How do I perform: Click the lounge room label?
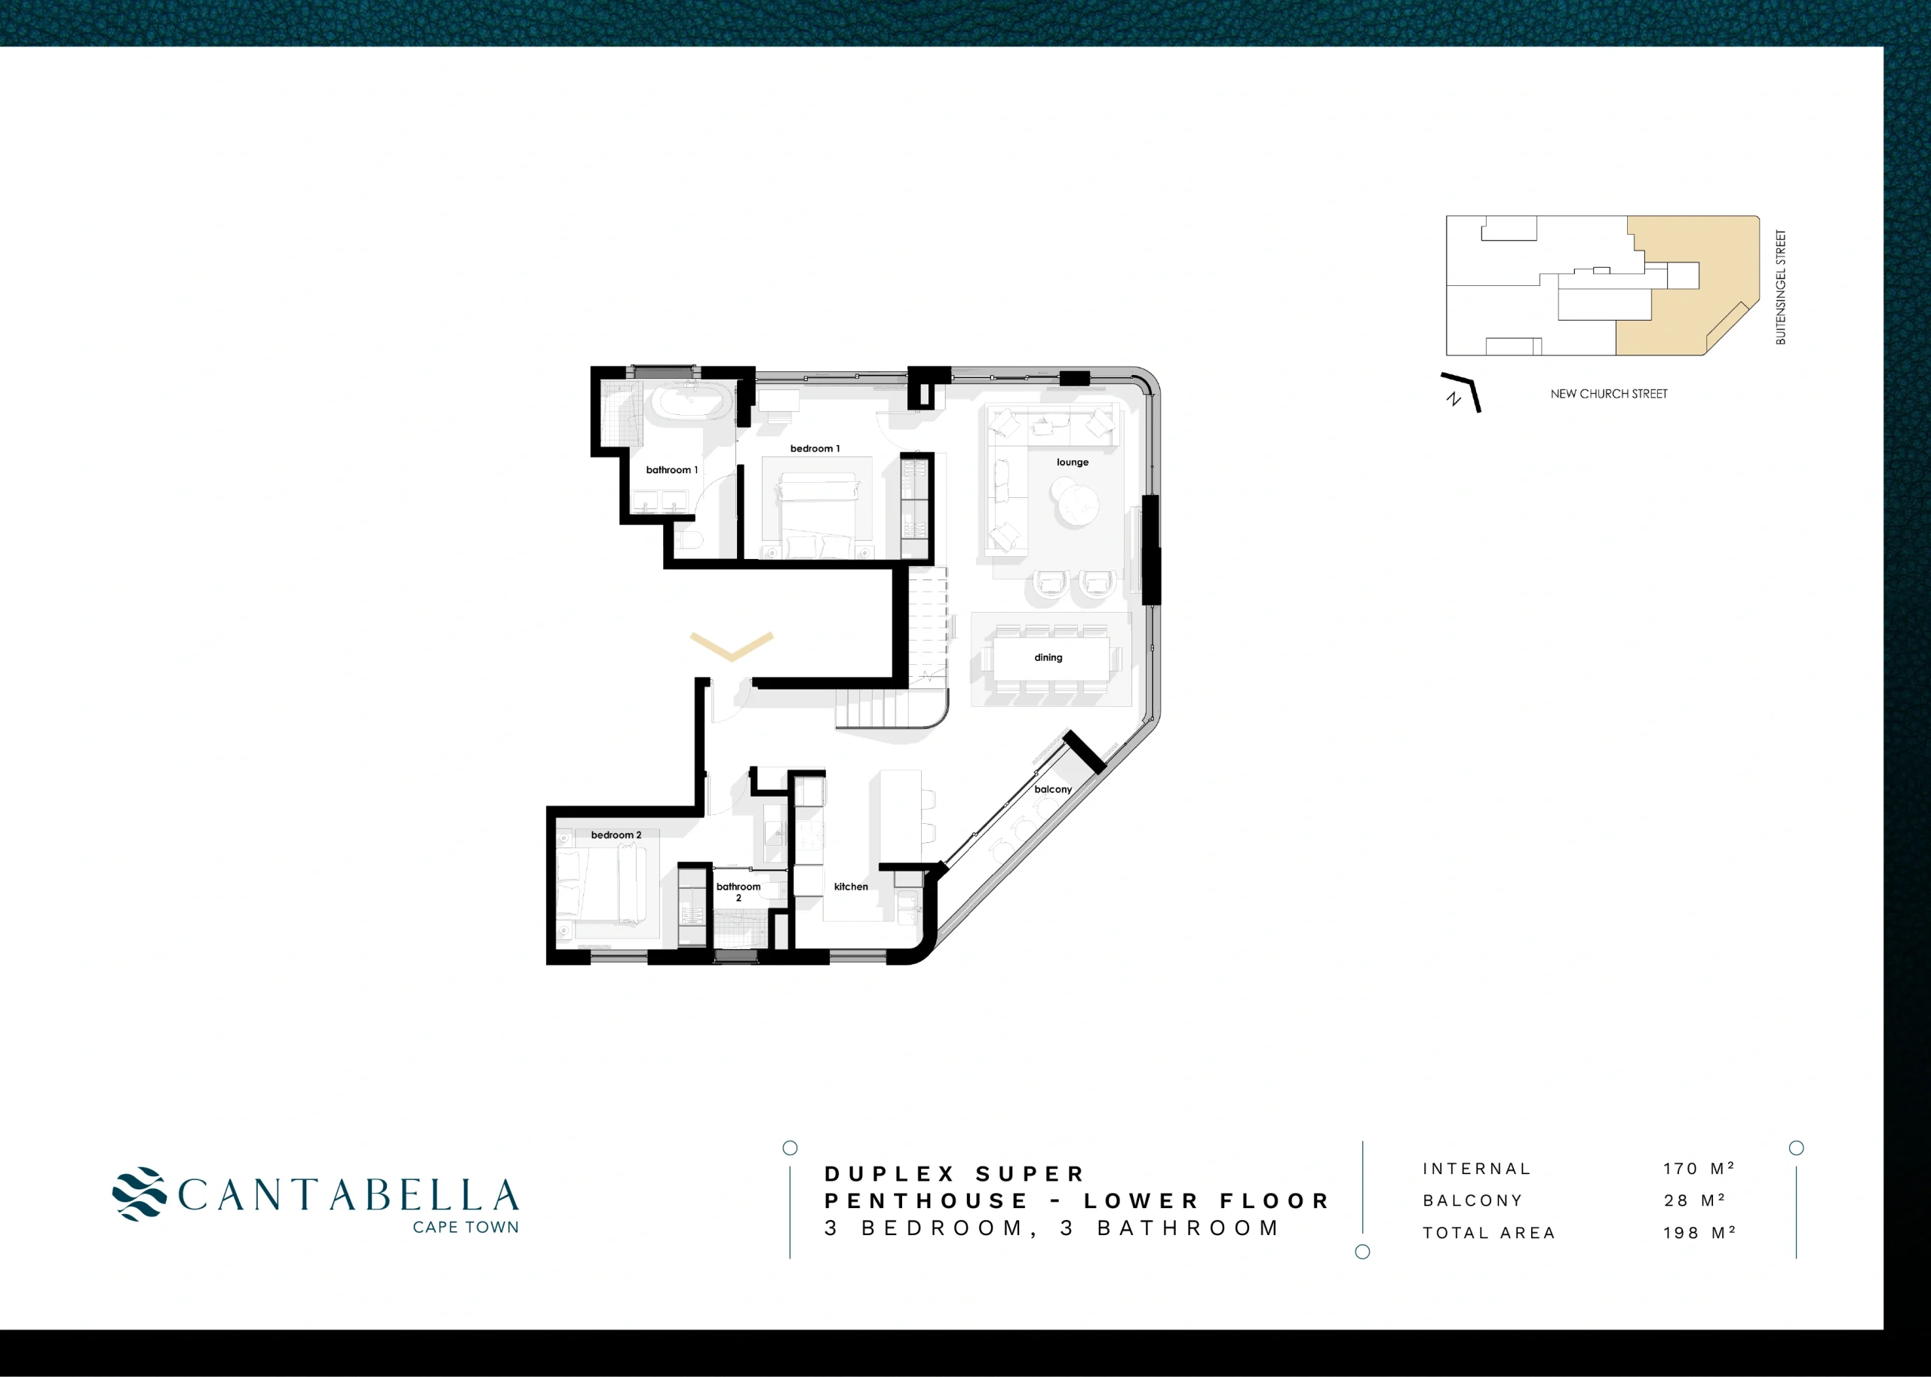pyautogui.click(x=1073, y=462)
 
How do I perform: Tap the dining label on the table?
pyautogui.click(x=1048, y=657)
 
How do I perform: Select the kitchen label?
pyautogui.click(x=851, y=887)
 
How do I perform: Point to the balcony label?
pyautogui.click(x=1053, y=789)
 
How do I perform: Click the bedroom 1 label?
pyautogui.click(x=815, y=448)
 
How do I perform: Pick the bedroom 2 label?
pyautogui.click(x=616, y=835)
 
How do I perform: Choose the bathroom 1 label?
pyautogui.click(x=671, y=470)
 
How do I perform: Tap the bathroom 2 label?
pyautogui.click(x=738, y=892)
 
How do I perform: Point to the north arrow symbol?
pyautogui.click(x=1460, y=392)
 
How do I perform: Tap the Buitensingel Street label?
pyautogui.click(x=1781, y=287)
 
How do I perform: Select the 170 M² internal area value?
pyautogui.click(x=1699, y=1169)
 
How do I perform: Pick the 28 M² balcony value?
pyautogui.click(x=1694, y=1200)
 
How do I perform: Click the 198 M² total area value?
pyautogui.click(x=1699, y=1233)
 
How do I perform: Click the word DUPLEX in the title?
pyautogui.click(x=890, y=1174)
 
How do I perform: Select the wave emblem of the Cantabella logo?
pyautogui.click(x=139, y=1194)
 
